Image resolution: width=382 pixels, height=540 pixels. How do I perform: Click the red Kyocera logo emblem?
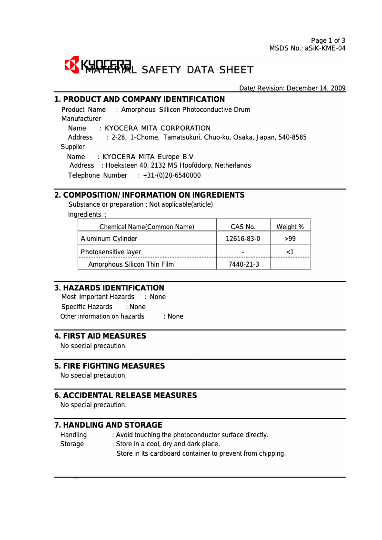pos(72,65)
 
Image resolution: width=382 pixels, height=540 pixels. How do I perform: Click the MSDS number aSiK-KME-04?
pos(325,48)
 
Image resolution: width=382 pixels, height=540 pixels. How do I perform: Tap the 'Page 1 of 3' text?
pos(328,40)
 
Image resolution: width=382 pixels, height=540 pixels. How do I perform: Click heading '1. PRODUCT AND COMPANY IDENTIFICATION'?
pos(140,100)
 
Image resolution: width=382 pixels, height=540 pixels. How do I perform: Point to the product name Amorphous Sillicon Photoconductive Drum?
pos(185,110)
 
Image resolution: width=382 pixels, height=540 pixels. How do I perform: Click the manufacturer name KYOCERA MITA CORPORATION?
pos(158,128)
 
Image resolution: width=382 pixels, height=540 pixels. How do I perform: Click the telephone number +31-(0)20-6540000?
pos(172,175)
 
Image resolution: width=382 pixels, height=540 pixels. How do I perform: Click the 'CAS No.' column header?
pos(243,227)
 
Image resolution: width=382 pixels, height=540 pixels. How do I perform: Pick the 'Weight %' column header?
pos(290,227)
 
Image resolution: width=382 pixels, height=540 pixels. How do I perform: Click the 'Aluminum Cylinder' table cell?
pos(109,239)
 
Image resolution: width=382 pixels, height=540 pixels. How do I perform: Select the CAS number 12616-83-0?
pos(243,239)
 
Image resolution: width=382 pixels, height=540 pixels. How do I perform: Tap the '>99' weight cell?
pos(290,239)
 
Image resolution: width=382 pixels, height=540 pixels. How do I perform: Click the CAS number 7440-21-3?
pos(243,264)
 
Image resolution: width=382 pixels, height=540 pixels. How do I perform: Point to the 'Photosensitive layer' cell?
pos(111,252)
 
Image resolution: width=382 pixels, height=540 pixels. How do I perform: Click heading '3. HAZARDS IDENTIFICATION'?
pos(109,288)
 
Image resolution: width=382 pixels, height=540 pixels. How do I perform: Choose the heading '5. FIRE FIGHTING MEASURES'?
pos(110,366)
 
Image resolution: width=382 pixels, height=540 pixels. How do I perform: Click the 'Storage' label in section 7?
pos(72,444)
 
